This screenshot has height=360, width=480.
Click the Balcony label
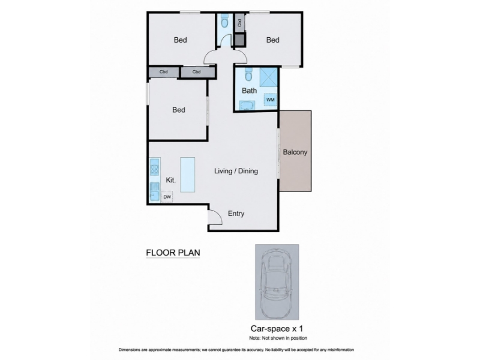pyautogui.click(x=295, y=152)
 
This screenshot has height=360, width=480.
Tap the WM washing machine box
pyautogui.click(x=271, y=100)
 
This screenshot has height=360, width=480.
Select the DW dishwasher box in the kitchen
pyautogui.click(x=167, y=197)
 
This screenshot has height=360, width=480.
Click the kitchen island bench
pyautogui.click(x=187, y=175)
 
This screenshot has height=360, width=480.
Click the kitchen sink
pyautogui.click(x=155, y=192)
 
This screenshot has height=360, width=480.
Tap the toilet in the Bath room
pyautogui.click(x=248, y=74)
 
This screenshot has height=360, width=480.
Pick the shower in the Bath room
pyautogui.click(x=268, y=77)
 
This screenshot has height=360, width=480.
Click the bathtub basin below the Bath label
pyautogui.click(x=247, y=106)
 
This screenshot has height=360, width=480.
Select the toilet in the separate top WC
pyautogui.click(x=224, y=21)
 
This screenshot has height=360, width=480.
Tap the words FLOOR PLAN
pyautogui.click(x=173, y=253)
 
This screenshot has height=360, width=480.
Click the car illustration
pyautogui.click(x=277, y=283)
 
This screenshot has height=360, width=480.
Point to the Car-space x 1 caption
pyautogui.click(x=277, y=329)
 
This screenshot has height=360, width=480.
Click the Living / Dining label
pyautogui.click(x=236, y=171)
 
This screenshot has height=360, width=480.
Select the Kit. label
pyautogui.click(x=170, y=180)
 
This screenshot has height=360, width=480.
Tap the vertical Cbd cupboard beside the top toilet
pyautogui.click(x=239, y=23)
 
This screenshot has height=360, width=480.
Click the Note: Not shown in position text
pyautogui.click(x=278, y=338)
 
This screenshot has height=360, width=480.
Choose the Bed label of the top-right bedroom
pyautogui.click(x=273, y=40)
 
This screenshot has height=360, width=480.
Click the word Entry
pyautogui.click(x=236, y=214)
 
